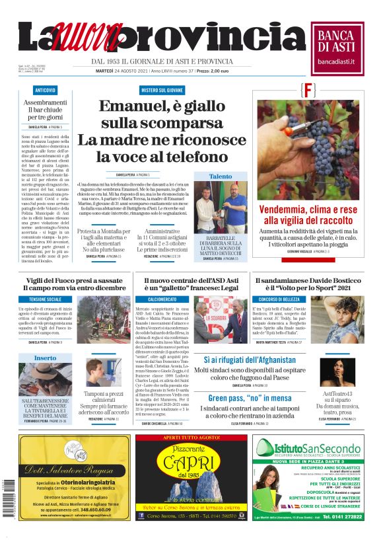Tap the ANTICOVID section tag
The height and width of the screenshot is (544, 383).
click(x=46, y=89)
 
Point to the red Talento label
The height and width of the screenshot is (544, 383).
click(x=220, y=176)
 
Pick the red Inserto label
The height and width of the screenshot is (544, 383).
click(x=45, y=358)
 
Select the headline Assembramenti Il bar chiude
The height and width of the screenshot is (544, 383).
click(x=46, y=108)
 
